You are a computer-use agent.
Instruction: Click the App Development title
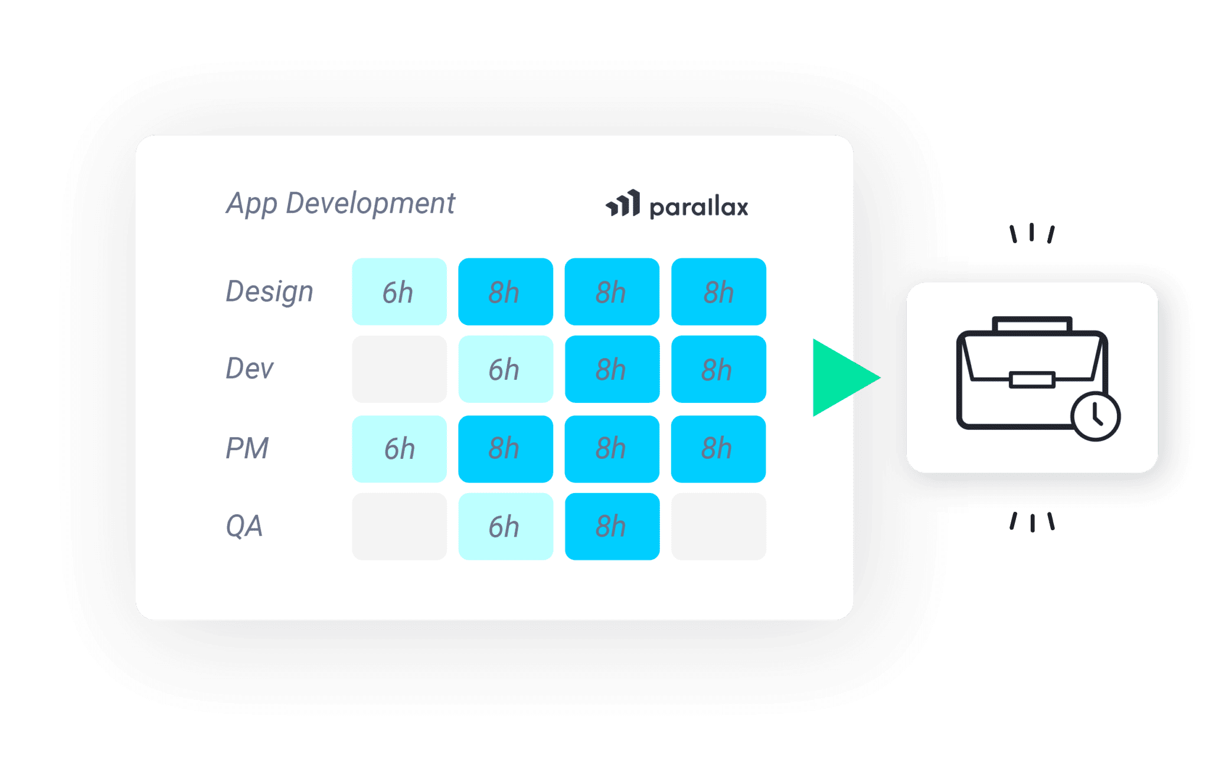[340, 204]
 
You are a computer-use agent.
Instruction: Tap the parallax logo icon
[623, 204]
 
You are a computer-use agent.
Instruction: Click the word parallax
[698, 208]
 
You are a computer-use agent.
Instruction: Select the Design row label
[269, 292]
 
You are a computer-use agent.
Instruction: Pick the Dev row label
[250, 369]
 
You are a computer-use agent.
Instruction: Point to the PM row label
[247, 448]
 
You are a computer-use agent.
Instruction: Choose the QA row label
[244, 526]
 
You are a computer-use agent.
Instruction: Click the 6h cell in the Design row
[399, 292]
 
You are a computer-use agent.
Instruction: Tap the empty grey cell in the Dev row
[399, 369]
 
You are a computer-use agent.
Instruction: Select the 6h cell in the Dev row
[505, 369]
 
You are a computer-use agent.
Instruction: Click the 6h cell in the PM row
[399, 449]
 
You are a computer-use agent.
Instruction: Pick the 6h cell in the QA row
[505, 526]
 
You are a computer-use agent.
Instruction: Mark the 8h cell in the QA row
[612, 526]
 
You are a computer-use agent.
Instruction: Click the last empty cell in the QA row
[718, 526]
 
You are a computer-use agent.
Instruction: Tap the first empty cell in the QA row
[399, 526]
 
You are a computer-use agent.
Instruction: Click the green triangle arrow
[841, 378]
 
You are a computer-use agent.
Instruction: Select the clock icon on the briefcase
[1096, 416]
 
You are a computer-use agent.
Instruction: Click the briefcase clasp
[1032, 379]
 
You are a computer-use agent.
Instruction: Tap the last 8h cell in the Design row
[718, 292]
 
